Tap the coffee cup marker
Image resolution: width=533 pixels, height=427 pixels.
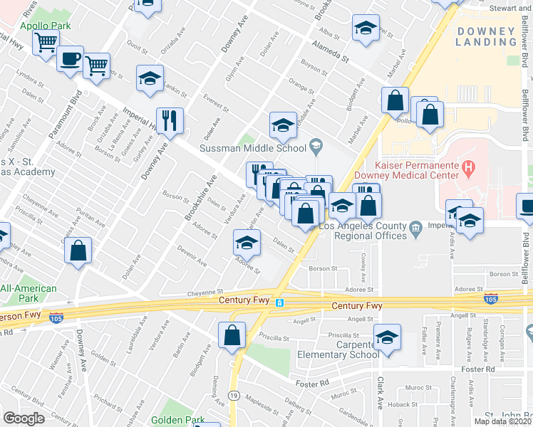coord(70,58)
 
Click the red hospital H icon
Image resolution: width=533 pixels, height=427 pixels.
coord(468,169)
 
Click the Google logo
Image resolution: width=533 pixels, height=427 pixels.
coord(24,418)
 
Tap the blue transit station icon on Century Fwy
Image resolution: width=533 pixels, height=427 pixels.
coord(280,302)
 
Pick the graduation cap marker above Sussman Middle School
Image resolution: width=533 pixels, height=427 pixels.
coord(283,125)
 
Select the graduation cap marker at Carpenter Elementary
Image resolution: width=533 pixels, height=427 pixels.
coord(387,336)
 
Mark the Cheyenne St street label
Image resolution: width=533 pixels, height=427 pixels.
coord(205,291)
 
